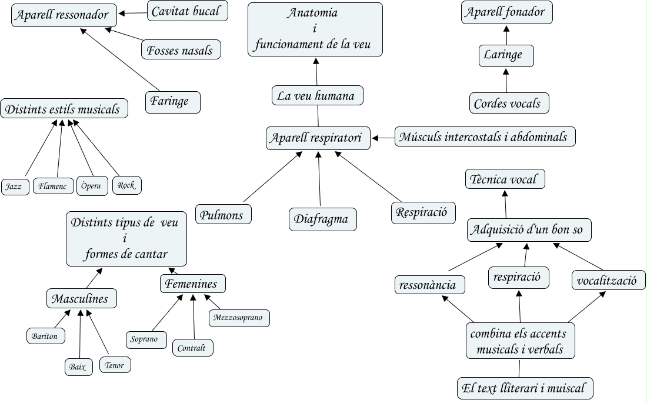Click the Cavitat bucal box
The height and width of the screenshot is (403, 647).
pyautogui.click(x=188, y=11)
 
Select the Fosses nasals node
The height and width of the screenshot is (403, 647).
pyautogui.click(x=181, y=49)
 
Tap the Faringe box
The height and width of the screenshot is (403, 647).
pyautogui.click(x=172, y=101)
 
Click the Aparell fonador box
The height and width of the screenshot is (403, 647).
pyautogui.click(x=507, y=12)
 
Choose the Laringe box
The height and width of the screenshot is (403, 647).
pyautogui.click(x=506, y=56)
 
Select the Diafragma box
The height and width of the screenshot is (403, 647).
pyautogui.click(x=323, y=219)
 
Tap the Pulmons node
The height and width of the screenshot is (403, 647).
pyautogui.click(x=224, y=214)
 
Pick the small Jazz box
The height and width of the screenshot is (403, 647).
pyautogui.click(x=15, y=186)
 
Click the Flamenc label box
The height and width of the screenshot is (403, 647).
pyautogui.click(x=54, y=186)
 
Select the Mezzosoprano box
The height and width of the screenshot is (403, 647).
pyautogui.click(x=239, y=318)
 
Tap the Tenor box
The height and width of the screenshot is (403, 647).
pyautogui.click(x=115, y=365)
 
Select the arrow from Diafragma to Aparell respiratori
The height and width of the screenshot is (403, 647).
pyautogui.click(x=319, y=179)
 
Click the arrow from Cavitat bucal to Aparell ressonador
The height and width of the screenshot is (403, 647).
pyautogui.click(x=132, y=12)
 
